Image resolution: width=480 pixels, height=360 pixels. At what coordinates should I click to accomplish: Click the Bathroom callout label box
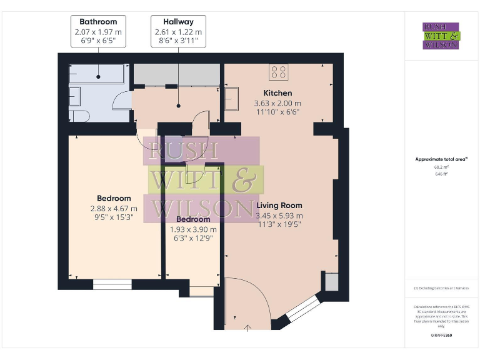coord(98,31)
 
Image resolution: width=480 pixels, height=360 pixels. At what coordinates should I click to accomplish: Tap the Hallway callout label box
coord(177,31)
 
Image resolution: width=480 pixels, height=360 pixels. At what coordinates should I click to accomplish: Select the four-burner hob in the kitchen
coord(279,72)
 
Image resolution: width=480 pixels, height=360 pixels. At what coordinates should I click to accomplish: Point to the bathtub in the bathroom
coord(99,76)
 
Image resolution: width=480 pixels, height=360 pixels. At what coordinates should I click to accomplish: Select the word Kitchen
coord(277,93)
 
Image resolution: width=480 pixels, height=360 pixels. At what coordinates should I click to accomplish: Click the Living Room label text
coord(279,205)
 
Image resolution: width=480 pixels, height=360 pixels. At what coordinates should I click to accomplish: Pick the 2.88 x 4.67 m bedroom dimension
coord(114,209)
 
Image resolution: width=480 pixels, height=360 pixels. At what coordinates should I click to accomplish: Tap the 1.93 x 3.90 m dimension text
coord(193,229)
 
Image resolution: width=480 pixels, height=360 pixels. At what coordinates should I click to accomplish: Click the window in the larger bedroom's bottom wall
coord(112,284)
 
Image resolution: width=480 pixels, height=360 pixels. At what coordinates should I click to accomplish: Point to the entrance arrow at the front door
coord(248,327)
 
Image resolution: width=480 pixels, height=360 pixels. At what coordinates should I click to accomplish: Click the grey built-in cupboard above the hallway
coord(177,74)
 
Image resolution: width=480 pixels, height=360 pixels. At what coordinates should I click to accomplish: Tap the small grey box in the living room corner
coord(331,282)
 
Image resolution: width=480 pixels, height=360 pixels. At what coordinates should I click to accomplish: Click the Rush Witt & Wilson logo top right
coord(441,36)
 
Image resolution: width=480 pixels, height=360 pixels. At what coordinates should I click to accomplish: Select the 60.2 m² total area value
coord(441,167)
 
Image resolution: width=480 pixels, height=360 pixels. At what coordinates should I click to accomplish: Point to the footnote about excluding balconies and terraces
coord(441,288)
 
